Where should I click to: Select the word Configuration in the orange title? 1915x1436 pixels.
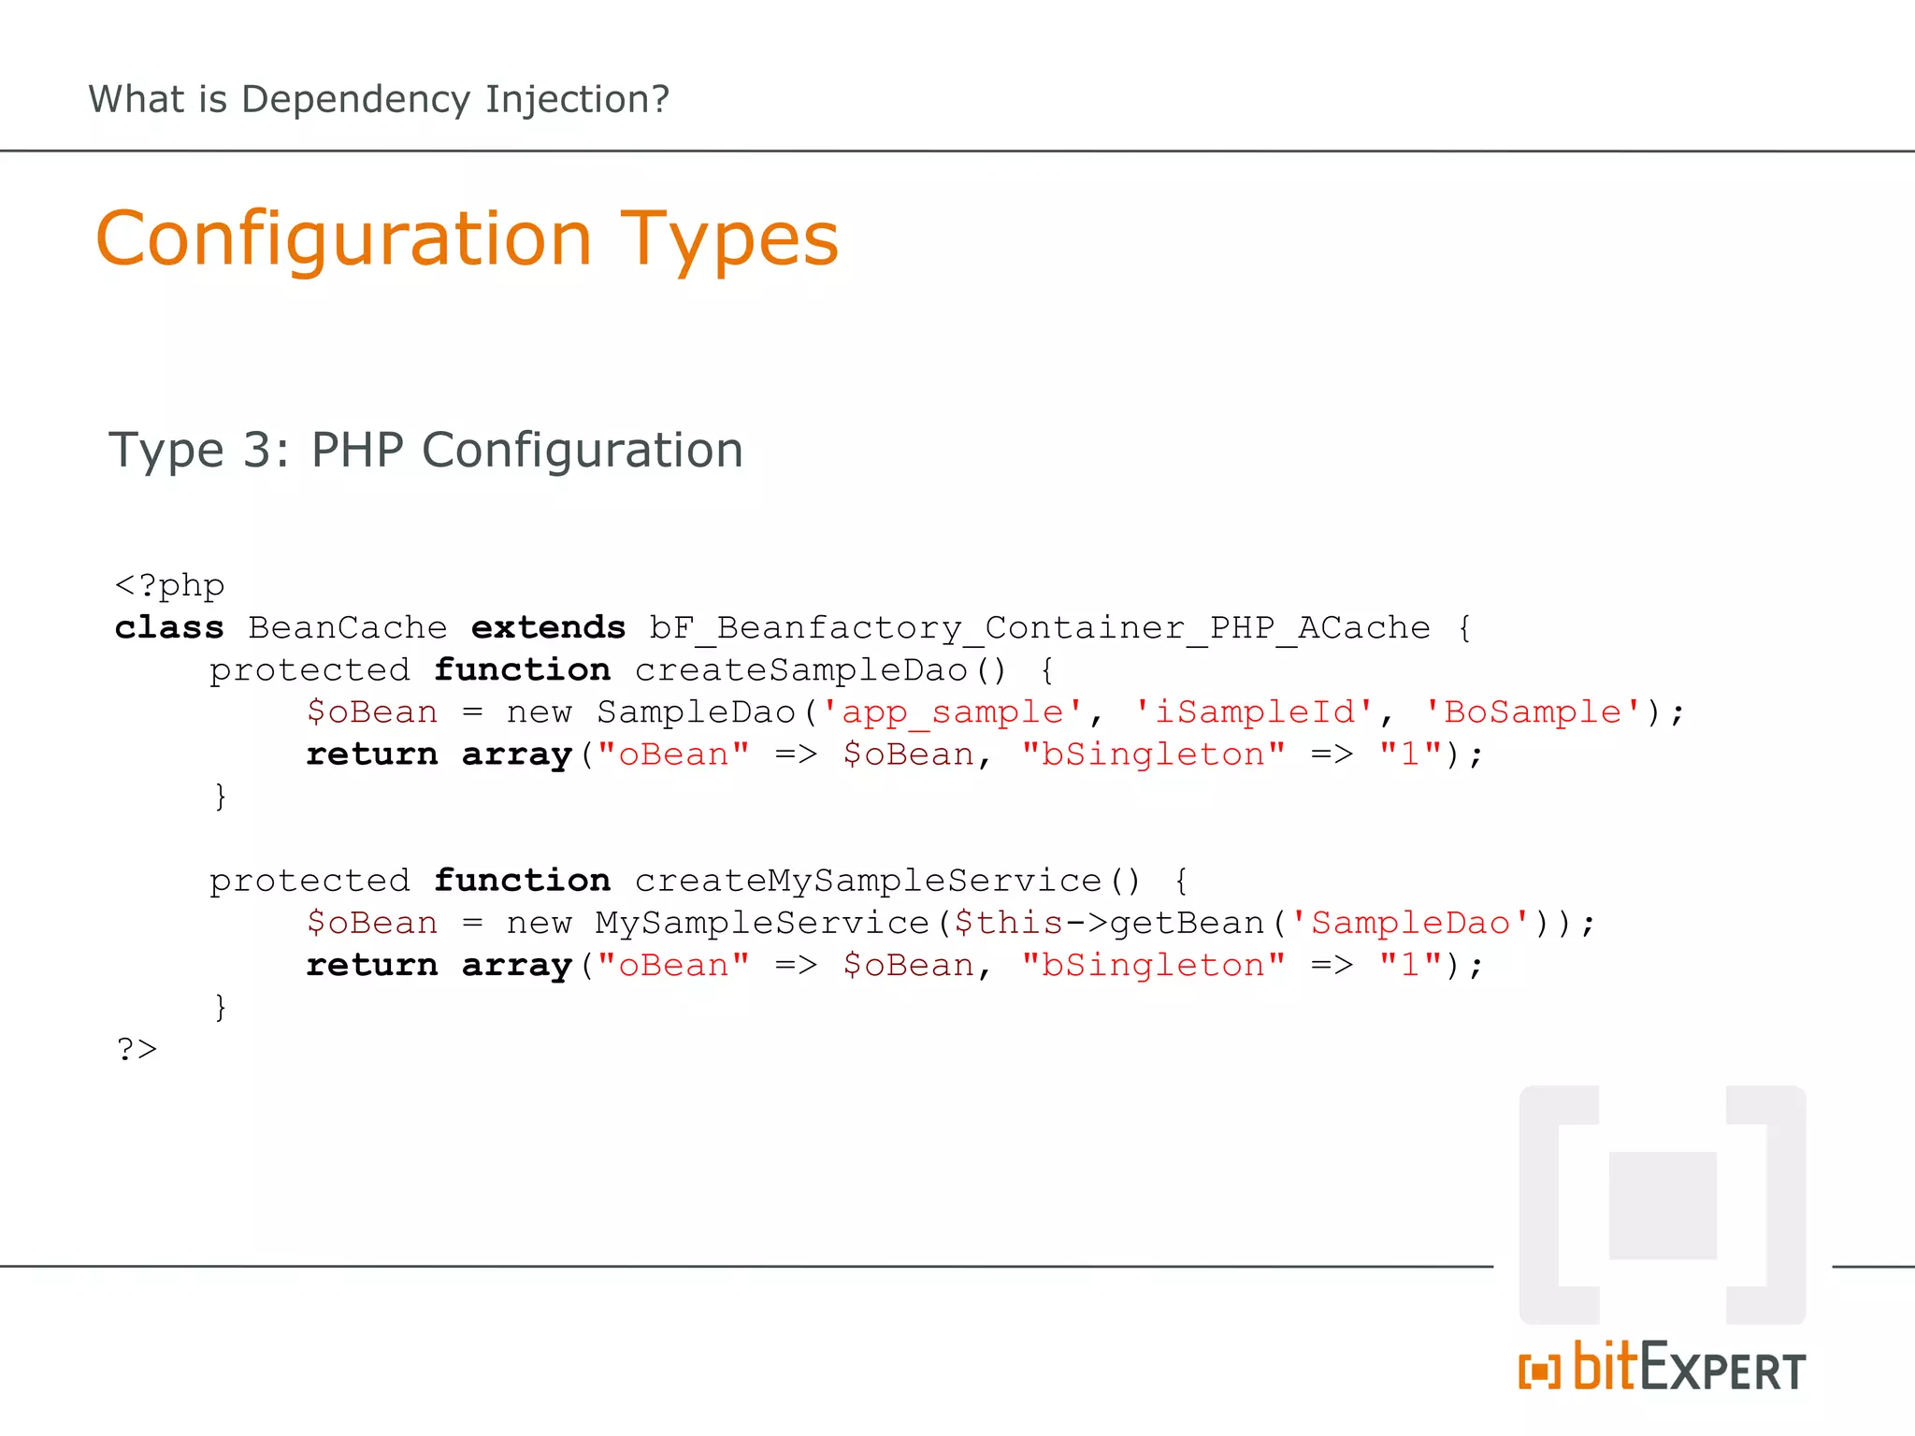[343, 240]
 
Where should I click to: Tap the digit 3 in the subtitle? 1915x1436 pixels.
[259, 451]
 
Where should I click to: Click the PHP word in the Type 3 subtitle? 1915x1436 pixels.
[357, 451]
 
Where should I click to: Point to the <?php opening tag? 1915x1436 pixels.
[169, 586]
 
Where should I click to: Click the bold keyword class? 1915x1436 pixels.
[169, 628]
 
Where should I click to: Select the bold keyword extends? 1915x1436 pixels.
[548, 628]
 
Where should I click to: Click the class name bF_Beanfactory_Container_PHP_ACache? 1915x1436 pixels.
[1040, 628]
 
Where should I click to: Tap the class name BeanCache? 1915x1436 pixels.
[347, 628]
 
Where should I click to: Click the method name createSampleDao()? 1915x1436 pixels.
[820, 670]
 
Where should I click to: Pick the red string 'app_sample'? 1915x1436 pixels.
[952, 712]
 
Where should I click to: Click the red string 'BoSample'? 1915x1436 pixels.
[1533, 712]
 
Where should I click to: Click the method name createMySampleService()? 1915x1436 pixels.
[887, 881]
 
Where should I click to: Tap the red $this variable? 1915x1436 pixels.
[1008, 924]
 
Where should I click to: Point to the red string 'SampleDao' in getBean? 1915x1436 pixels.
[1410, 924]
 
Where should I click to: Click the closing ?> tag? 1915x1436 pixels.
[137, 1049]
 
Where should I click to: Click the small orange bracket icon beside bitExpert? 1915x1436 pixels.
[1539, 1371]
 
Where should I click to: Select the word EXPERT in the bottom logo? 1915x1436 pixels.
[1723, 1371]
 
